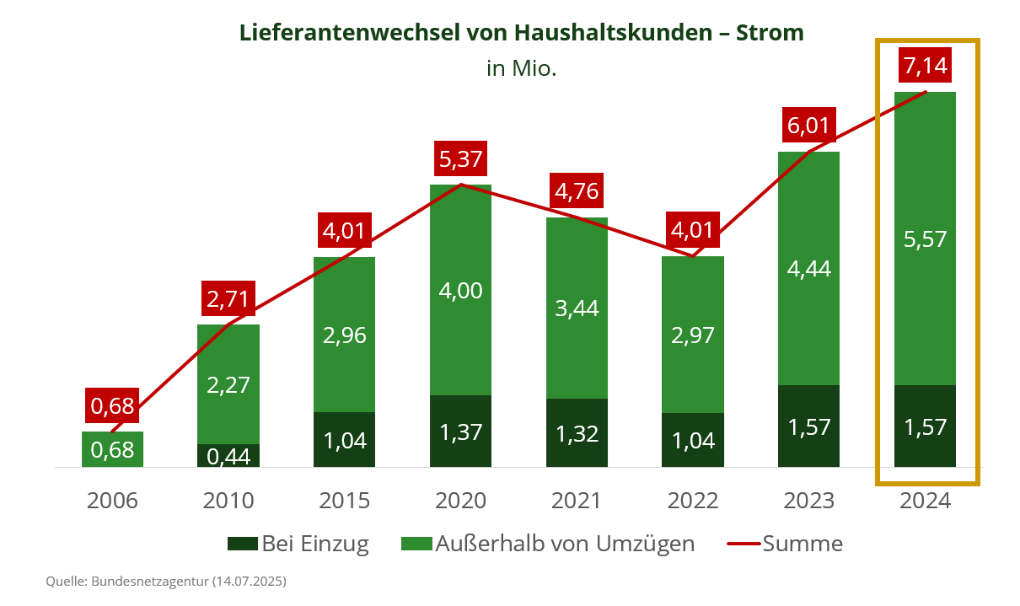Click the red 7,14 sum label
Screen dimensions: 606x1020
click(x=926, y=65)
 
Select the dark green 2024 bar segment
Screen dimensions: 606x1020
click(x=926, y=426)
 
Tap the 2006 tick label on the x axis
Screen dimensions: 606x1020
click(x=112, y=501)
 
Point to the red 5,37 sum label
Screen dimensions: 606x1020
click(x=461, y=158)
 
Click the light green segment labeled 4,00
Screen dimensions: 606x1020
click(x=461, y=290)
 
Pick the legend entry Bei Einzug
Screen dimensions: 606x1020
click(x=299, y=544)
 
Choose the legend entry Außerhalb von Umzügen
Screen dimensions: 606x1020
click(x=549, y=544)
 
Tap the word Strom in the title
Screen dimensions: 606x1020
click(x=770, y=33)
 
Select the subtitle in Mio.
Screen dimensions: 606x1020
click(x=521, y=68)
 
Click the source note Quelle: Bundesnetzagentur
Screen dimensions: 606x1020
click(x=166, y=582)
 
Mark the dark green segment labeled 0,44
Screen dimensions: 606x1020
click(x=228, y=455)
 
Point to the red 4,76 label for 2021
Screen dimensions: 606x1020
click(x=577, y=191)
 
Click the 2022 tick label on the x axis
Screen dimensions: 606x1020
click(x=693, y=501)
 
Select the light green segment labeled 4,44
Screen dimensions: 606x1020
click(x=809, y=268)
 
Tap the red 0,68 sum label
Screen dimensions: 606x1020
click(x=112, y=405)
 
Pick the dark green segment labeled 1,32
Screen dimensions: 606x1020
click(x=577, y=432)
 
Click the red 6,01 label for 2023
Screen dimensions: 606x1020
click(x=809, y=126)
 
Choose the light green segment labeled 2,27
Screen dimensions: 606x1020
click(x=228, y=384)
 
